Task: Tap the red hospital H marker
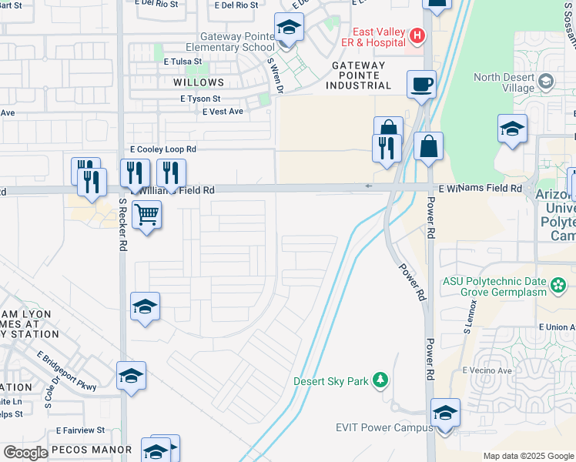pos(417,35)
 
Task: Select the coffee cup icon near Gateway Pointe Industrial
pos(421,84)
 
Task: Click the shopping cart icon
pos(146,213)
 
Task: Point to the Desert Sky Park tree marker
pos(379,380)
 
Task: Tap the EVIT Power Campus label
pos(379,427)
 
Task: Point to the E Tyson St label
pos(200,99)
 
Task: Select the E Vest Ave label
pos(223,112)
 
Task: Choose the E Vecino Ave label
pos(487,370)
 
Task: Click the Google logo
pos(25,453)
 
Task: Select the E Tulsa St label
pos(182,61)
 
